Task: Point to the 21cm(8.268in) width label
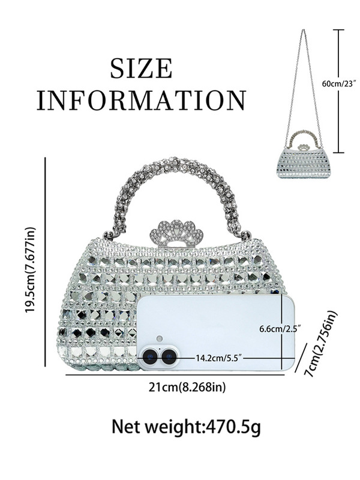pyautogui.click(x=187, y=388)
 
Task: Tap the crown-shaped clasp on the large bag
pyautogui.click(x=177, y=233)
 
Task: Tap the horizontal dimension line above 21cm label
pyautogui.click(x=180, y=374)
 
